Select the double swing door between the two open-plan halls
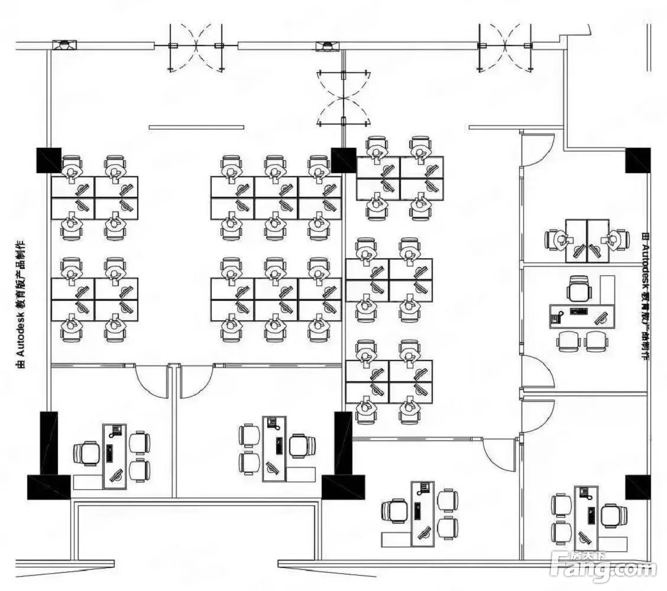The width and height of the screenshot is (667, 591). click(x=343, y=99)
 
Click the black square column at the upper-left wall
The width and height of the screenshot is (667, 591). click(x=49, y=160)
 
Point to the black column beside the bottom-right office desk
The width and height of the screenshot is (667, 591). click(x=637, y=486)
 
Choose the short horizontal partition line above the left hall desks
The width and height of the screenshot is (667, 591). click(x=196, y=126)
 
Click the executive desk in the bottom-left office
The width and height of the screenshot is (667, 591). click(x=115, y=456)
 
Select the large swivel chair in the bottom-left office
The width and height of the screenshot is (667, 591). click(x=87, y=454)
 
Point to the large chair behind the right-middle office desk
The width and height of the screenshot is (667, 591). click(x=578, y=290)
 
